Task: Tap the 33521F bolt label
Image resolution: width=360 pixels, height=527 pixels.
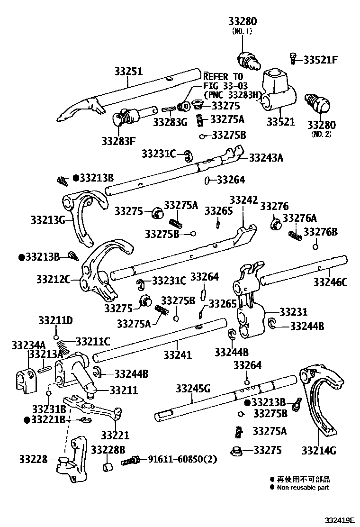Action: point(321,60)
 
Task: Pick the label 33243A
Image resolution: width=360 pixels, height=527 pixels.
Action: point(266,158)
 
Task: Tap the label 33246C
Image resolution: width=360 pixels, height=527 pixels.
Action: point(330,283)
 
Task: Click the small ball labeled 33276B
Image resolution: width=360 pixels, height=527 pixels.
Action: point(315,246)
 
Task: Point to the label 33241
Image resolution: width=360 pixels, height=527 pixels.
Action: point(178,354)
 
